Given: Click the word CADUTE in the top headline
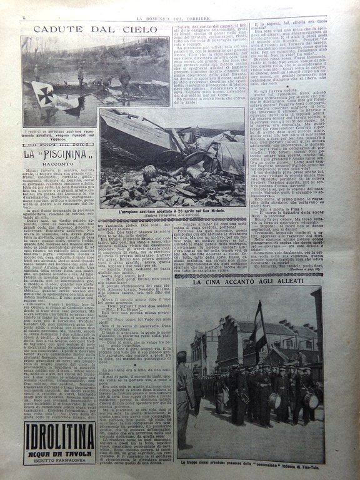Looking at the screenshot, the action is pos(56,29).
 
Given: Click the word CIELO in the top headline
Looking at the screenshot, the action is pos(134,29).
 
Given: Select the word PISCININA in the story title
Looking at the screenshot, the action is pos(68,153).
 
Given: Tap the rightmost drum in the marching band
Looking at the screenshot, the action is pos(311,401).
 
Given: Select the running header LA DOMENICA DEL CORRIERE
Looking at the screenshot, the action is pos(181,6).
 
